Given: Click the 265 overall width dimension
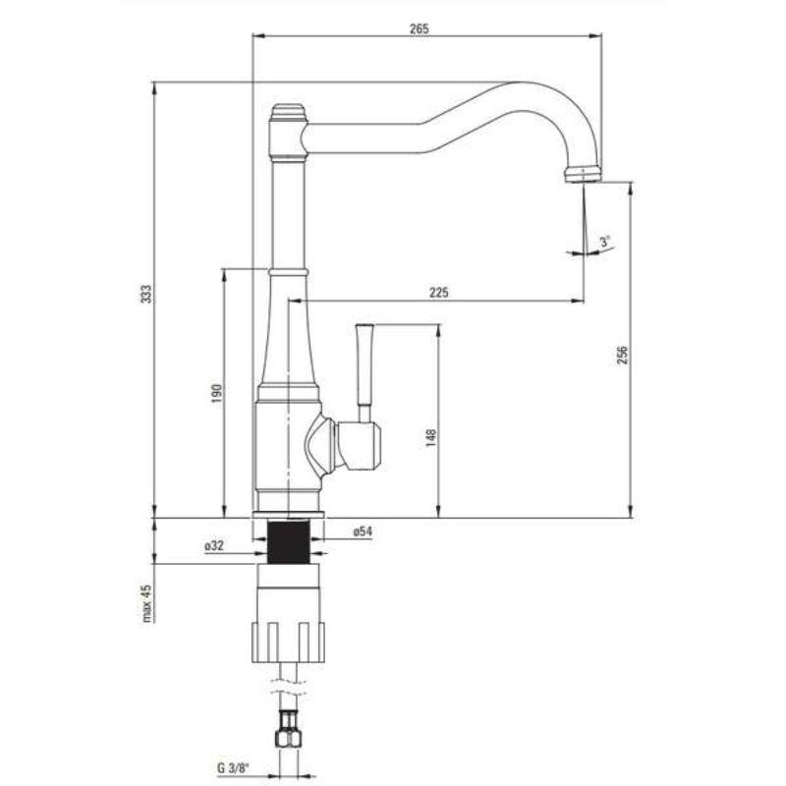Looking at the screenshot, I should coord(420,28).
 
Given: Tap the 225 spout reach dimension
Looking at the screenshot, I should coord(438,292).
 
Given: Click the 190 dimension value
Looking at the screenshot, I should coord(217,392).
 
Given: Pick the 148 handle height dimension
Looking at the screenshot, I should coord(430,437).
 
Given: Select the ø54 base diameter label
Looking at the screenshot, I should coord(362,532).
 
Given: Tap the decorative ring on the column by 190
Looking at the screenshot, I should coord(289,270).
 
